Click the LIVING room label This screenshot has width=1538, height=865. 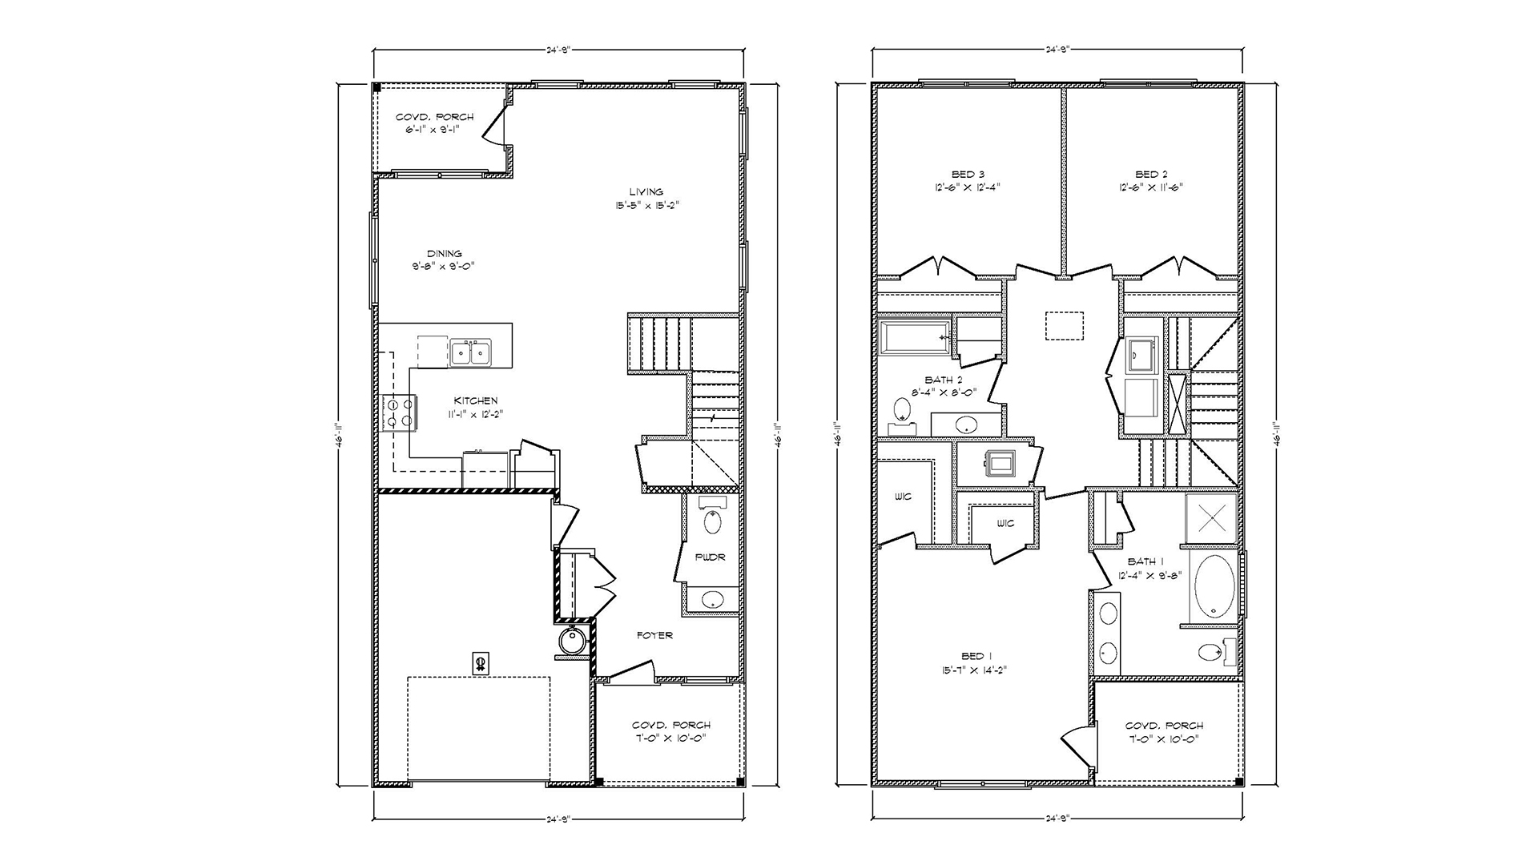tap(646, 192)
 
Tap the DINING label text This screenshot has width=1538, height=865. tap(444, 254)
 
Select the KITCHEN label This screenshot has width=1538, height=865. tap(476, 400)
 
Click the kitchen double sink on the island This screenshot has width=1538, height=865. tap(470, 352)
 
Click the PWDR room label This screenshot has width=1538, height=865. tap(710, 557)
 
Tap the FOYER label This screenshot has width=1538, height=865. tap(654, 635)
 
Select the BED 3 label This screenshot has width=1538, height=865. tap(968, 175)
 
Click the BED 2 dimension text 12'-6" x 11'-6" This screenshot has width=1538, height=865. tap(1151, 187)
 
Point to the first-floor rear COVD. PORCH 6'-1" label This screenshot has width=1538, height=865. tap(434, 117)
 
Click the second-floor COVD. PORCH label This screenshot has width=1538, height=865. tap(1164, 726)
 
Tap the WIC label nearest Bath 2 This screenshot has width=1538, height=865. tap(903, 497)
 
